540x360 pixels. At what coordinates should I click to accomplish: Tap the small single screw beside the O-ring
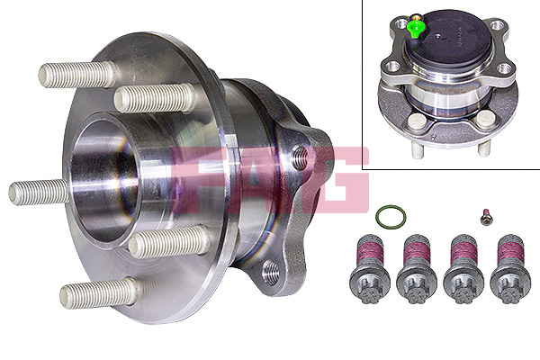[486, 217]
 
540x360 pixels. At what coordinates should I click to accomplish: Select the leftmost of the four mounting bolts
[370, 269]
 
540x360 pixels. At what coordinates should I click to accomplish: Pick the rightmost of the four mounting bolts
[510, 269]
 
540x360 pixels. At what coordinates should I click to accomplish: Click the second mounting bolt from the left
[417, 269]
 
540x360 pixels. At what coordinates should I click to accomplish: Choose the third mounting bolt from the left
[463, 269]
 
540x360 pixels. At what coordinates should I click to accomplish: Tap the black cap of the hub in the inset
[449, 38]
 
